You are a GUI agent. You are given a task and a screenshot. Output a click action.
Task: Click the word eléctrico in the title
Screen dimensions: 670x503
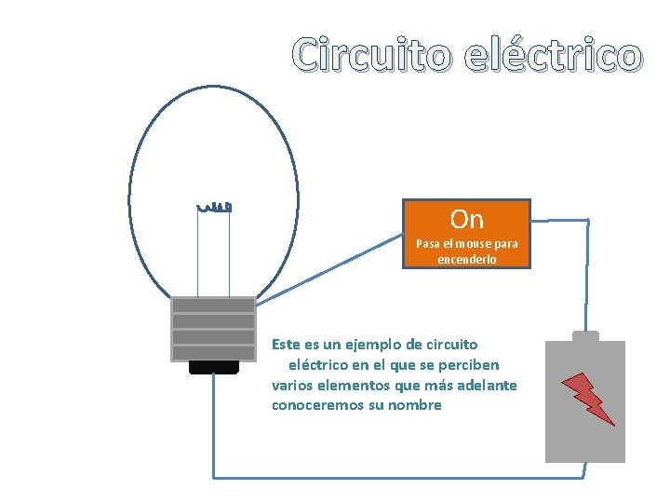(553, 56)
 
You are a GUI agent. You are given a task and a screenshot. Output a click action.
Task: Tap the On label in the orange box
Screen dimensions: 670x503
(466, 220)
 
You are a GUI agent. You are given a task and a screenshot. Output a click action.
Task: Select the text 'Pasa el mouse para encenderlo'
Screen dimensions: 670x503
(466, 251)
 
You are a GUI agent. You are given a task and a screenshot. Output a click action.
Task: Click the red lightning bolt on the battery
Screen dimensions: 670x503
(587, 398)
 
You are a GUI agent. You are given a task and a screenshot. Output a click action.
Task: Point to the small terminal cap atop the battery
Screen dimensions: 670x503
(585, 335)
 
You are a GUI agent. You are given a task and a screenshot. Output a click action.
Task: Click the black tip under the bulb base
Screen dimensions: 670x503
(213, 367)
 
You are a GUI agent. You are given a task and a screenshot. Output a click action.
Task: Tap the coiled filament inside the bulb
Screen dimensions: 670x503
(213, 204)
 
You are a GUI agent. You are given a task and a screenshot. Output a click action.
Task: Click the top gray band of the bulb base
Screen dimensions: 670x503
(213, 305)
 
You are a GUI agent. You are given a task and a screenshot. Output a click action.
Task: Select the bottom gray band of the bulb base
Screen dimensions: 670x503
(213, 352)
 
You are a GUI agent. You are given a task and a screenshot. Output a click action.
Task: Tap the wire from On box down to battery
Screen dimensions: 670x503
(587, 270)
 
